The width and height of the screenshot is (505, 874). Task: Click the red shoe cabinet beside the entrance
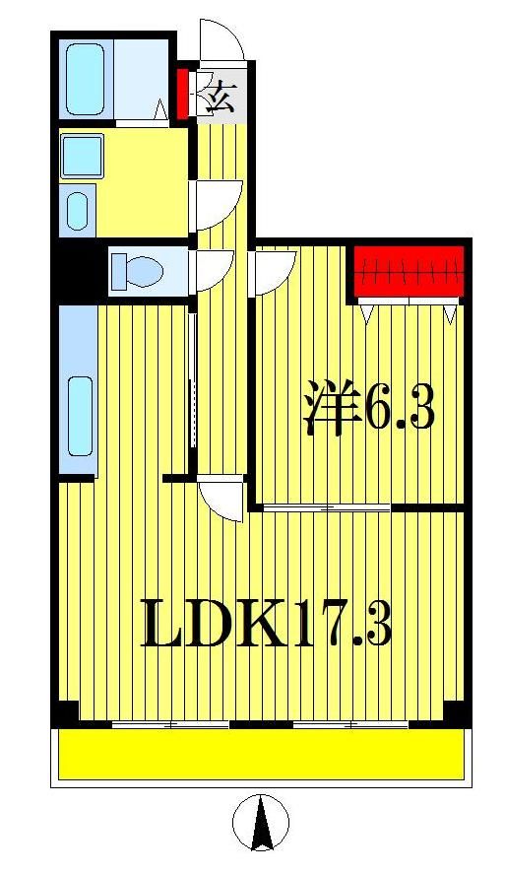[182, 93]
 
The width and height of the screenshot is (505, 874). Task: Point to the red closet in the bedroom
[408, 272]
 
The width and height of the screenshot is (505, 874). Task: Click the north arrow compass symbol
[261, 824]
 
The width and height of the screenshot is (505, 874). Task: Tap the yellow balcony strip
[261, 754]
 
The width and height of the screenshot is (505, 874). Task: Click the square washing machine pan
[81, 156]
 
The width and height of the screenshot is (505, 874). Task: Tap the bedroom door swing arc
[276, 271]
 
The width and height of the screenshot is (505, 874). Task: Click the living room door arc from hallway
[222, 498]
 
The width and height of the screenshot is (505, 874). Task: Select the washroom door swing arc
[212, 201]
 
